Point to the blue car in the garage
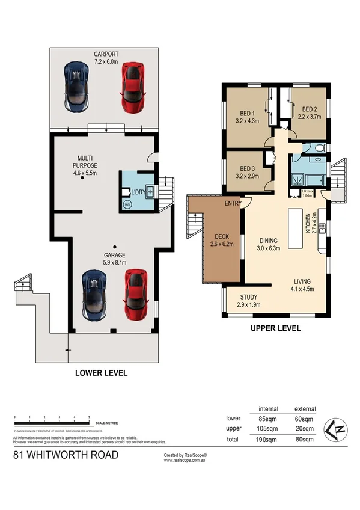click(94, 293)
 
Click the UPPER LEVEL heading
click(275, 329)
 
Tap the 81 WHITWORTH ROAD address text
click(66, 455)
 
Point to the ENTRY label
click(233, 204)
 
